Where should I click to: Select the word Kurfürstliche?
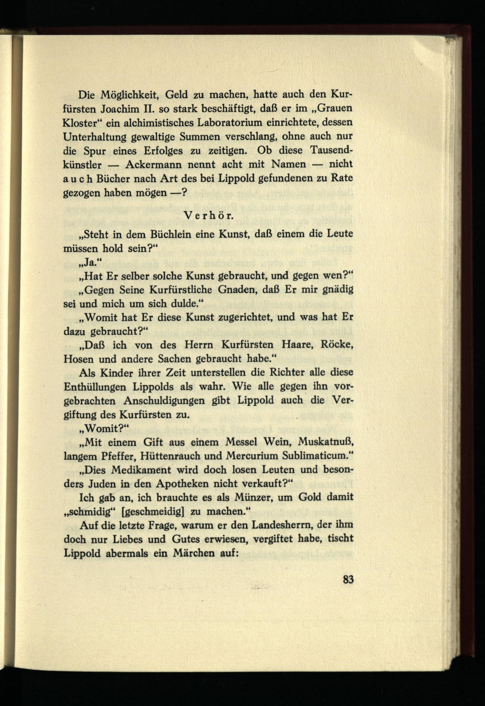(181, 290)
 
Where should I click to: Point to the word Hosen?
(78, 359)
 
